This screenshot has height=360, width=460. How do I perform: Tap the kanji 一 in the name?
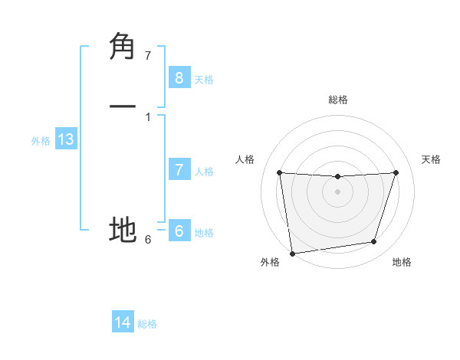click(x=123, y=108)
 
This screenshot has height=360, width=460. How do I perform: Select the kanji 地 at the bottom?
click(x=123, y=229)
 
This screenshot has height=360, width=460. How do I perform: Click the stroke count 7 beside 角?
click(x=148, y=56)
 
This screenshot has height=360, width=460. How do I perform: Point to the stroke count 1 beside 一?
click(x=148, y=116)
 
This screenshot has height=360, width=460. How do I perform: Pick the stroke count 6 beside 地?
click(x=148, y=239)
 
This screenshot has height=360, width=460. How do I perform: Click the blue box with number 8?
click(x=179, y=77)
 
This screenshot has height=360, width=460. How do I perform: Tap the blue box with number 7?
click(x=179, y=170)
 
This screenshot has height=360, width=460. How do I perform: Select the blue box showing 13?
click(x=66, y=139)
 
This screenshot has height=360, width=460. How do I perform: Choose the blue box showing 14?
click(x=123, y=322)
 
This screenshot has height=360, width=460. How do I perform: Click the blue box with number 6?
click(x=179, y=231)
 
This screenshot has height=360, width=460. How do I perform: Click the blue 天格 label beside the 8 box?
click(x=204, y=79)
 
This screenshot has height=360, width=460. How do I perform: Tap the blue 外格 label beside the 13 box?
click(x=41, y=141)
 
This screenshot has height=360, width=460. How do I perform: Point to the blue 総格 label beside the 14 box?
click(x=147, y=324)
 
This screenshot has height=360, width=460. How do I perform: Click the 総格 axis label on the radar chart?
click(x=338, y=100)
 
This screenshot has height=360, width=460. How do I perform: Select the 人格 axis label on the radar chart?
click(x=245, y=159)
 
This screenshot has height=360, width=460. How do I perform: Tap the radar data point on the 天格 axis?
click(x=396, y=172)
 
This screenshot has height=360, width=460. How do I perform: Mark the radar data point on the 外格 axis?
click(x=291, y=253)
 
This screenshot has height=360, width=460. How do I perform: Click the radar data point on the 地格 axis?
click(x=374, y=242)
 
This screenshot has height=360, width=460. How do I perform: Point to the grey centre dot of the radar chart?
click(x=337, y=191)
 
